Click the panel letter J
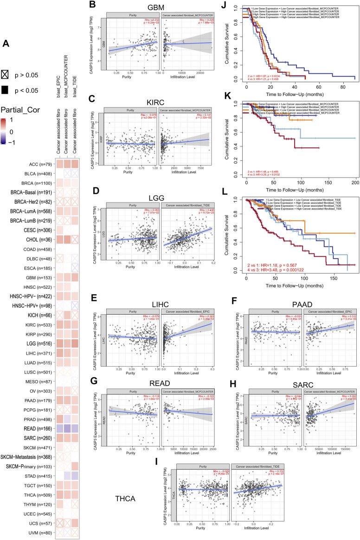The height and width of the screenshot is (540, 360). [223, 6]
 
